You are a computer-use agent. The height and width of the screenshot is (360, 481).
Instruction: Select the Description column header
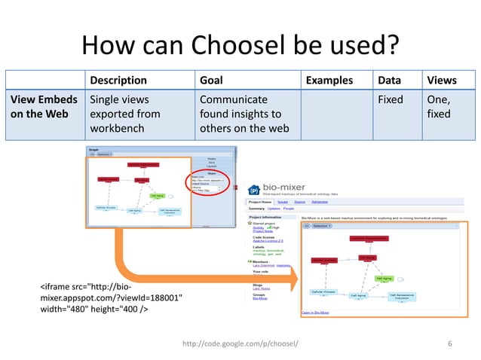click(118, 81)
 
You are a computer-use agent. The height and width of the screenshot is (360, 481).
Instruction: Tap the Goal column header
click(211, 81)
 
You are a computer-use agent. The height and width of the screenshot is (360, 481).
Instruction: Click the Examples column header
click(330, 81)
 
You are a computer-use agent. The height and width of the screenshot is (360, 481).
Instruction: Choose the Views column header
click(442, 81)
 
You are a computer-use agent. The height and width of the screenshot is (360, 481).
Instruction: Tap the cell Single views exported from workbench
click(124, 114)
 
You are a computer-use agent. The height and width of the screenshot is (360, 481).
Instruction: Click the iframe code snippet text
click(110, 297)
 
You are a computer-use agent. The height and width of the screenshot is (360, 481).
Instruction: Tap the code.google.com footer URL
click(240, 343)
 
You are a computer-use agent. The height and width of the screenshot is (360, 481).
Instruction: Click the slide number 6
click(450, 343)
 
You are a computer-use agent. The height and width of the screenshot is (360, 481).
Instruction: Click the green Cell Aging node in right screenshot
click(384, 278)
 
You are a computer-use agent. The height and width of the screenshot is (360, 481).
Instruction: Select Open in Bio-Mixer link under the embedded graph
click(318, 311)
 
